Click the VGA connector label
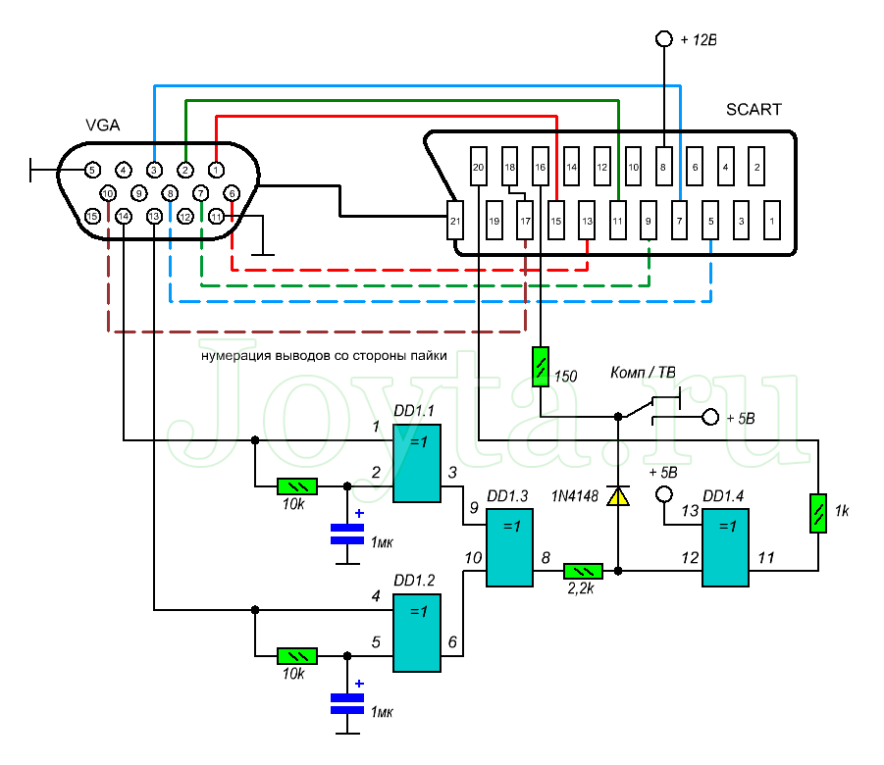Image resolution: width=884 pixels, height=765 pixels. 104,125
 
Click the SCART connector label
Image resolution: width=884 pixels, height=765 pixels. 754,109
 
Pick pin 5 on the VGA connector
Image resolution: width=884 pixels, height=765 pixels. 91,170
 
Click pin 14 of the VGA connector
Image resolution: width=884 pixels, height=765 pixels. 124,217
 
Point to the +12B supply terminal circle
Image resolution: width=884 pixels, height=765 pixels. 664,40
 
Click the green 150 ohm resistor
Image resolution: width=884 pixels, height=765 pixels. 541,368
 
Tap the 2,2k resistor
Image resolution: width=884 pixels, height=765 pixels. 583,570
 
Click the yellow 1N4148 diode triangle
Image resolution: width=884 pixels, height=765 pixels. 617,497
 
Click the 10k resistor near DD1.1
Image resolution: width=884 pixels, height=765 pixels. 297,485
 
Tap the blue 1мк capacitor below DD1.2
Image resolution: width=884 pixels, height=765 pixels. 346,703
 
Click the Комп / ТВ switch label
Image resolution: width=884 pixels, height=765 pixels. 642,374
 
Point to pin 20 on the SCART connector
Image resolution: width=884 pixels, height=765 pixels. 479,167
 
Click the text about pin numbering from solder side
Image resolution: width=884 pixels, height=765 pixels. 325,356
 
